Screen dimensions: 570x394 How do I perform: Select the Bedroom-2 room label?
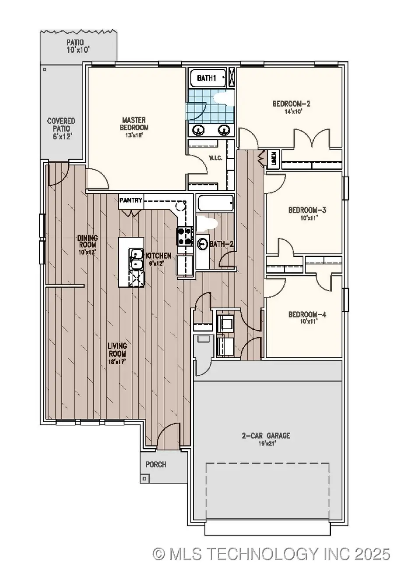pos(291,104)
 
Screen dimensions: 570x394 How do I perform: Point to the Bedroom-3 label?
pos(307,210)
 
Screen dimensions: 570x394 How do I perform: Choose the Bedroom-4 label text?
pos(307,314)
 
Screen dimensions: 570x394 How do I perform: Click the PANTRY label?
pos(130,200)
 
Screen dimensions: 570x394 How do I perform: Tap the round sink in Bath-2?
pos(203,243)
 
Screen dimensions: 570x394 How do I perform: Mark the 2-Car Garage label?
pos(266,436)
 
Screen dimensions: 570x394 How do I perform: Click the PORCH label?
pos(156,464)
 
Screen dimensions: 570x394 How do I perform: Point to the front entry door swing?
pos(168,438)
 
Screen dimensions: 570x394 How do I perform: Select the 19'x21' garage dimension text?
pos(266,443)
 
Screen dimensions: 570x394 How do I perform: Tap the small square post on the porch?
pos(144,478)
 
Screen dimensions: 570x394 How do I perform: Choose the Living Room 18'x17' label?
pos(117,350)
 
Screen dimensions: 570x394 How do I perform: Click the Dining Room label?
pos(88,242)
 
